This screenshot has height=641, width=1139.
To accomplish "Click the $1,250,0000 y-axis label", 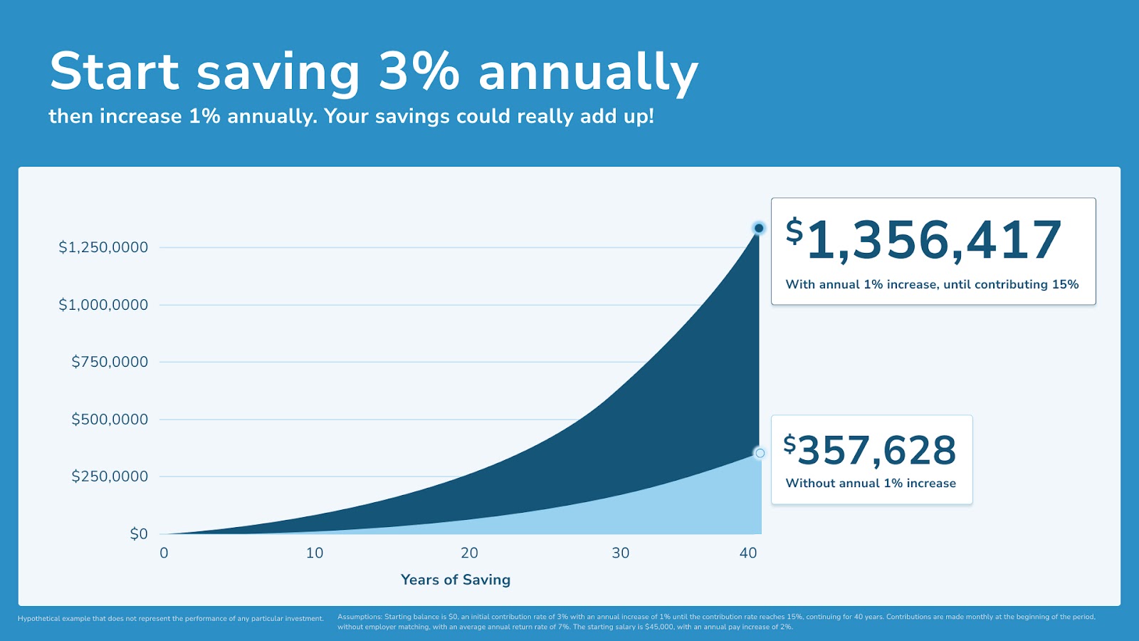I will coord(103,247).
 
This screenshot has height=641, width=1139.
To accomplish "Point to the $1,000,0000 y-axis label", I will coord(103,305).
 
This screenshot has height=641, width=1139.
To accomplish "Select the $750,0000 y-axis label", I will coord(110,362).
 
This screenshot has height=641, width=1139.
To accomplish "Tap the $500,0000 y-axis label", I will coord(110,419).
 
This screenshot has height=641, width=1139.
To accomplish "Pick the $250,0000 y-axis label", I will coord(110,476).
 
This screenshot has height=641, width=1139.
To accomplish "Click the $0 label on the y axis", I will coord(139,534).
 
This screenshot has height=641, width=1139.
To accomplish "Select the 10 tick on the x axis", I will coord(315,553).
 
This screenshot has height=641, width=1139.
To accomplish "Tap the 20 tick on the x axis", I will coord(469,553).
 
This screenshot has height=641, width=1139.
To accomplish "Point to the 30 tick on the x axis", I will coord(621,553).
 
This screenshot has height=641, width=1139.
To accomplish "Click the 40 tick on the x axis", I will coord(748,553).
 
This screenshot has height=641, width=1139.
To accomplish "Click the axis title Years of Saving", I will coord(456,580).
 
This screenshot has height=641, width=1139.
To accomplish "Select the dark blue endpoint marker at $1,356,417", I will coord(759,228).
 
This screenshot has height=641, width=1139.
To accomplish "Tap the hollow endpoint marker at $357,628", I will coord(760,453).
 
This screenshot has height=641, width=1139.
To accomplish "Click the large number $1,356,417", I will coord(924,240).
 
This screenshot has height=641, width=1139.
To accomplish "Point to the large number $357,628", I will coord(870,450).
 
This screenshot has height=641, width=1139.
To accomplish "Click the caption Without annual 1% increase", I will coord(871,483).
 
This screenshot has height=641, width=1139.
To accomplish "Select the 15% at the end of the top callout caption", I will coord(1065,284).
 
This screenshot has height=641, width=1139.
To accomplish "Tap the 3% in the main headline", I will coord(419,71).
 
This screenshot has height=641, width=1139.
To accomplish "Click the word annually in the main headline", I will coord(588,73).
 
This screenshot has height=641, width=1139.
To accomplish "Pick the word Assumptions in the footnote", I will coord(359,617).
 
